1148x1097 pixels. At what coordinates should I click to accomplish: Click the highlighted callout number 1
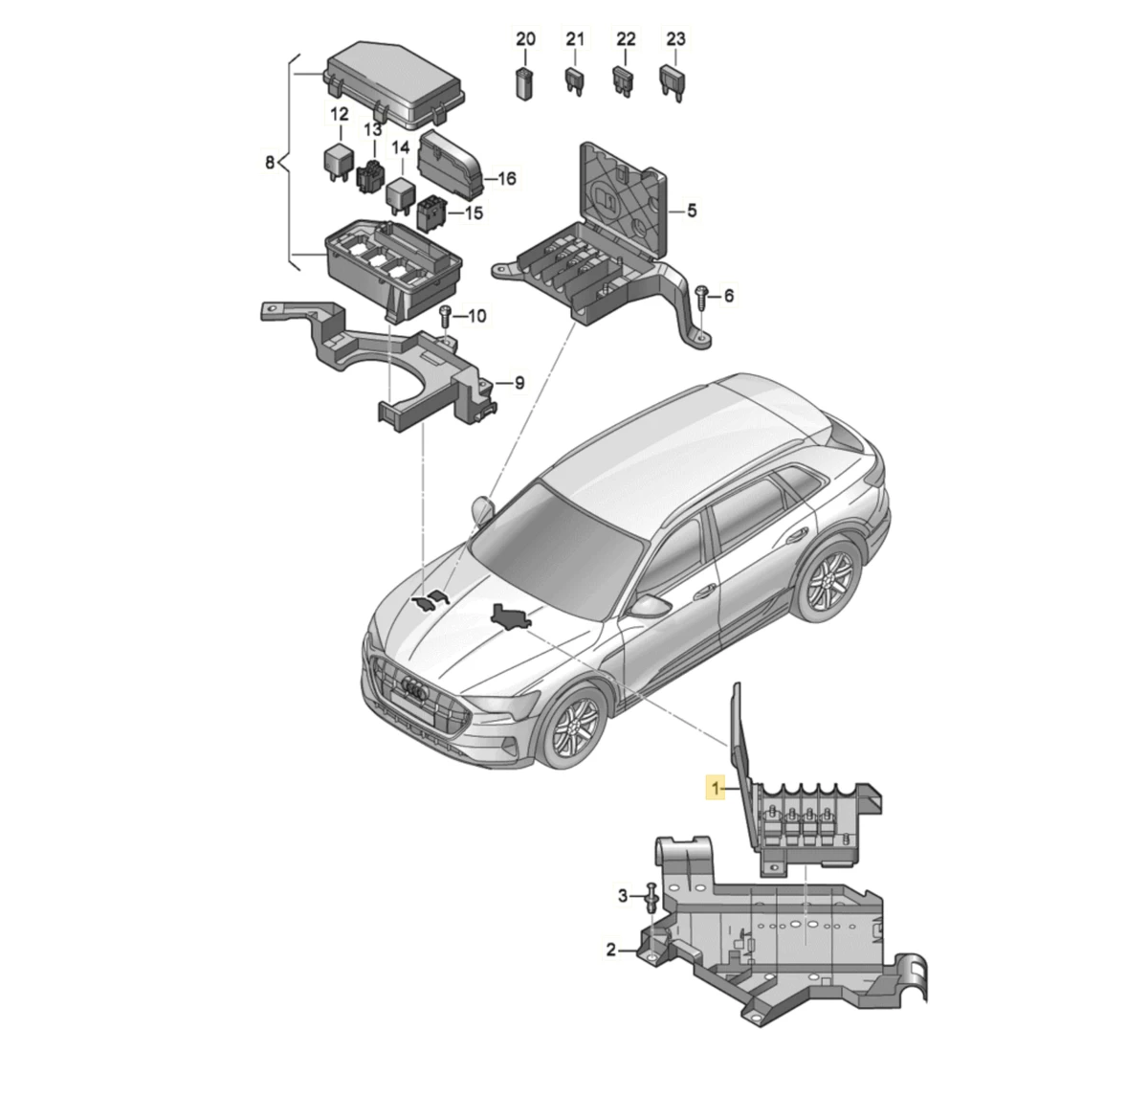coord(716,788)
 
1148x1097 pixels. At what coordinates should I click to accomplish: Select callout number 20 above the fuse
coord(525,39)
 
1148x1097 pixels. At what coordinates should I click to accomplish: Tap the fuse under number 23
coord(672,83)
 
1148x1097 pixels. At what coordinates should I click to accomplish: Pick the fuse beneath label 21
coord(575,82)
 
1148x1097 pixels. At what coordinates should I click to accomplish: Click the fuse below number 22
coord(624,82)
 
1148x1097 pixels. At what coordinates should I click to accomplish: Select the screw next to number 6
coord(701,300)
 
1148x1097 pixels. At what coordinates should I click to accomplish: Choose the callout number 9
coord(519,383)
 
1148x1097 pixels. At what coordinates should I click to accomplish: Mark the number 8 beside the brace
coord(270,162)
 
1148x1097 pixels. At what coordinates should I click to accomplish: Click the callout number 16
coord(507,178)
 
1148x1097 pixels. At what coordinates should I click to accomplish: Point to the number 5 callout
coord(692,210)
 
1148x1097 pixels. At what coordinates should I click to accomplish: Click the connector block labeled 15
coord(431,216)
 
